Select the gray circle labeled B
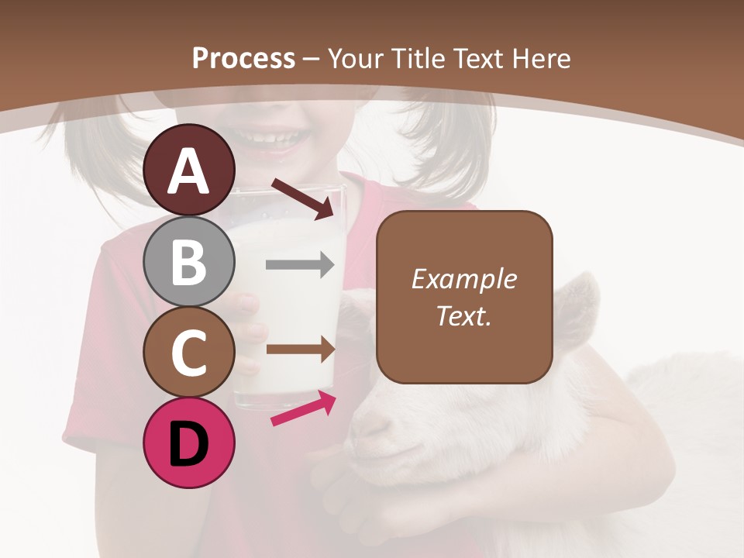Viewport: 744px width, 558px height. click(x=189, y=261)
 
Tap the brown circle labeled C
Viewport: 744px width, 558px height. click(x=189, y=352)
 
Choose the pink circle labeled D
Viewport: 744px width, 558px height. click(x=189, y=443)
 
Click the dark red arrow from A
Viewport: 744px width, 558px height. click(x=302, y=198)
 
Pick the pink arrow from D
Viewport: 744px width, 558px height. click(x=303, y=409)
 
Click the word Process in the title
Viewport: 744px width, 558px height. click(x=243, y=58)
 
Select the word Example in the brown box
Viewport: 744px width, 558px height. click(x=463, y=279)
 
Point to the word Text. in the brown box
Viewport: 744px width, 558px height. click(x=463, y=315)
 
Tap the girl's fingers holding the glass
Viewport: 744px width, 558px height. click(x=246, y=333)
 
